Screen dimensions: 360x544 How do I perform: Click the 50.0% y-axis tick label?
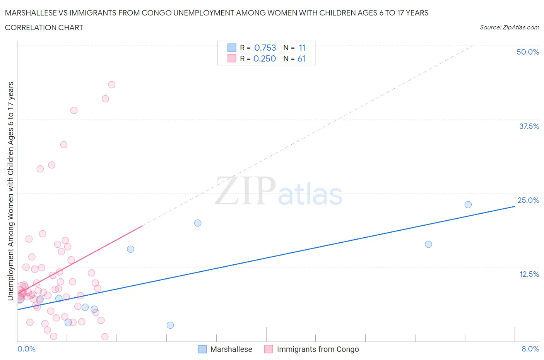pyautogui.click(x=528, y=52)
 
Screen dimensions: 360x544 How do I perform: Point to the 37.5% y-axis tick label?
pyautogui.click(x=529, y=126)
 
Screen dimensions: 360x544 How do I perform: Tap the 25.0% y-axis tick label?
pyautogui.click(x=528, y=200)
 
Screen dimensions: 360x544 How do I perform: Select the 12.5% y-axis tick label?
pyautogui.click(x=529, y=274)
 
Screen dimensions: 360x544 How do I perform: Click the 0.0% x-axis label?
pyautogui.click(x=26, y=349)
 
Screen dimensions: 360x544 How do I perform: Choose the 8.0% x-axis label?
pyautogui.click(x=530, y=349)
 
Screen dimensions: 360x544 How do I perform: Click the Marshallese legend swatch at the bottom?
pyautogui.click(x=202, y=349)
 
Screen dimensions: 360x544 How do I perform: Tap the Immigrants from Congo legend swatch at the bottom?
pyautogui.click(x=269, y=349)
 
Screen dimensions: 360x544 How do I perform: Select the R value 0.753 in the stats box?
pyautogui.click(x=265, y=48)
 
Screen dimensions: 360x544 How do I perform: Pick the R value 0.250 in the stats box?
pyautogui.click(x=265, y=58)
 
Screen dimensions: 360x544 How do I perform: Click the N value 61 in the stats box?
pyautogui.click(x=301, y=58)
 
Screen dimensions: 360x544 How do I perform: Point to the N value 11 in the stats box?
pyautogui.click(x=302, y=48)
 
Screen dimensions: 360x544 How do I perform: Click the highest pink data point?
pyautogui.click(x=112, y=85)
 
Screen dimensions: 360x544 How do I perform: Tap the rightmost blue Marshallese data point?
pyautogui.click(x=468, y=204)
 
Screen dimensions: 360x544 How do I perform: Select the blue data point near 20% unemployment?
pyautogui.click(x=198, y=223)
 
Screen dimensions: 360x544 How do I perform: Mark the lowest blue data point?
pyautogui.click(x=170, y=325)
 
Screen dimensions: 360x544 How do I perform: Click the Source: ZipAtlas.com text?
pyautogui.click(x=509, y=27)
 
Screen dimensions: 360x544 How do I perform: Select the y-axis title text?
pyautogui.click(x=10, y=191)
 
